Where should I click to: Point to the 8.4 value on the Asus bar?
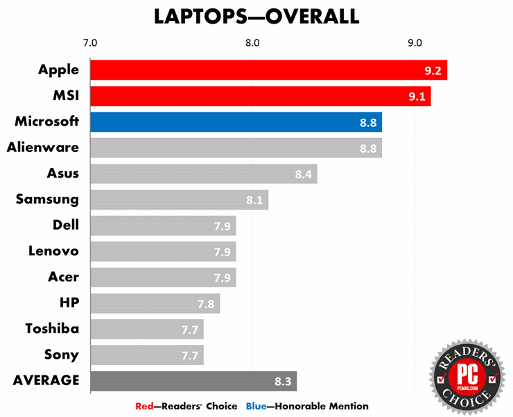pos(304,174)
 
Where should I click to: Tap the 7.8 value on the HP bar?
pos(207,303)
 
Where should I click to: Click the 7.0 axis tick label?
pos(90,43)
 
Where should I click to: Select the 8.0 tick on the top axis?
pos(252,43)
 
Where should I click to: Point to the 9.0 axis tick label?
pos(415,43)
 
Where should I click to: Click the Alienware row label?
pos(43,147)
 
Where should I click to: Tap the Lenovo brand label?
pos(54,251)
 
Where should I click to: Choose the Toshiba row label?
pos(52,329)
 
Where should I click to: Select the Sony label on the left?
pos(62,355)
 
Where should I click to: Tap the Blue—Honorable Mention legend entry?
pos(307,406)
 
